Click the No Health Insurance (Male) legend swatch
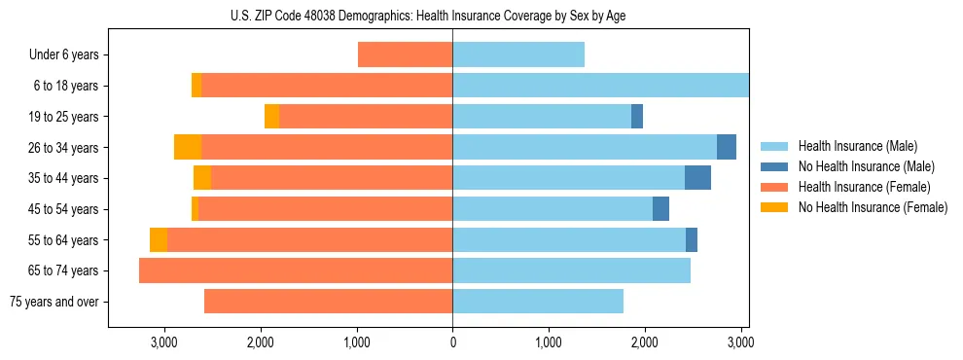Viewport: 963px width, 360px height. [x=774, y=166]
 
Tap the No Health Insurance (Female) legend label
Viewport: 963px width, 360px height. [x=873, y=207]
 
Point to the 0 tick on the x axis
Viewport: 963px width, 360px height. [x=452, y=342]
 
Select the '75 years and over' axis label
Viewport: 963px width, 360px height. [x=54, y=302]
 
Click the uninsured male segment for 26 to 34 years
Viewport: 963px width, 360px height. [x=727, y=147]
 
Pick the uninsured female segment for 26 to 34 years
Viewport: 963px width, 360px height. [x=188, y=147]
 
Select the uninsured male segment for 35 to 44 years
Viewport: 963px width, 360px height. [x=697, y=178]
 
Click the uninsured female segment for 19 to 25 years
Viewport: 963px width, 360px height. [x=271, y=117]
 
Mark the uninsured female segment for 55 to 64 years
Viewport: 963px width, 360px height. [x=159, y=239]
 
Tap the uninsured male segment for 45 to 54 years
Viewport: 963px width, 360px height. [x=660, y=208]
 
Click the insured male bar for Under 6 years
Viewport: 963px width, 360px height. [x=518, y=55]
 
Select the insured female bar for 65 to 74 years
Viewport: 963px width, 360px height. [x=296, y=270]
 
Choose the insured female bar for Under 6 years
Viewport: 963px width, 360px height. [x=405, y=55]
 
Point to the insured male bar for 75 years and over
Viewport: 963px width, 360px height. [x=538, y=302]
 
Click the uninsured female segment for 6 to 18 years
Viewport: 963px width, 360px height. [x=196, y=86]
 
